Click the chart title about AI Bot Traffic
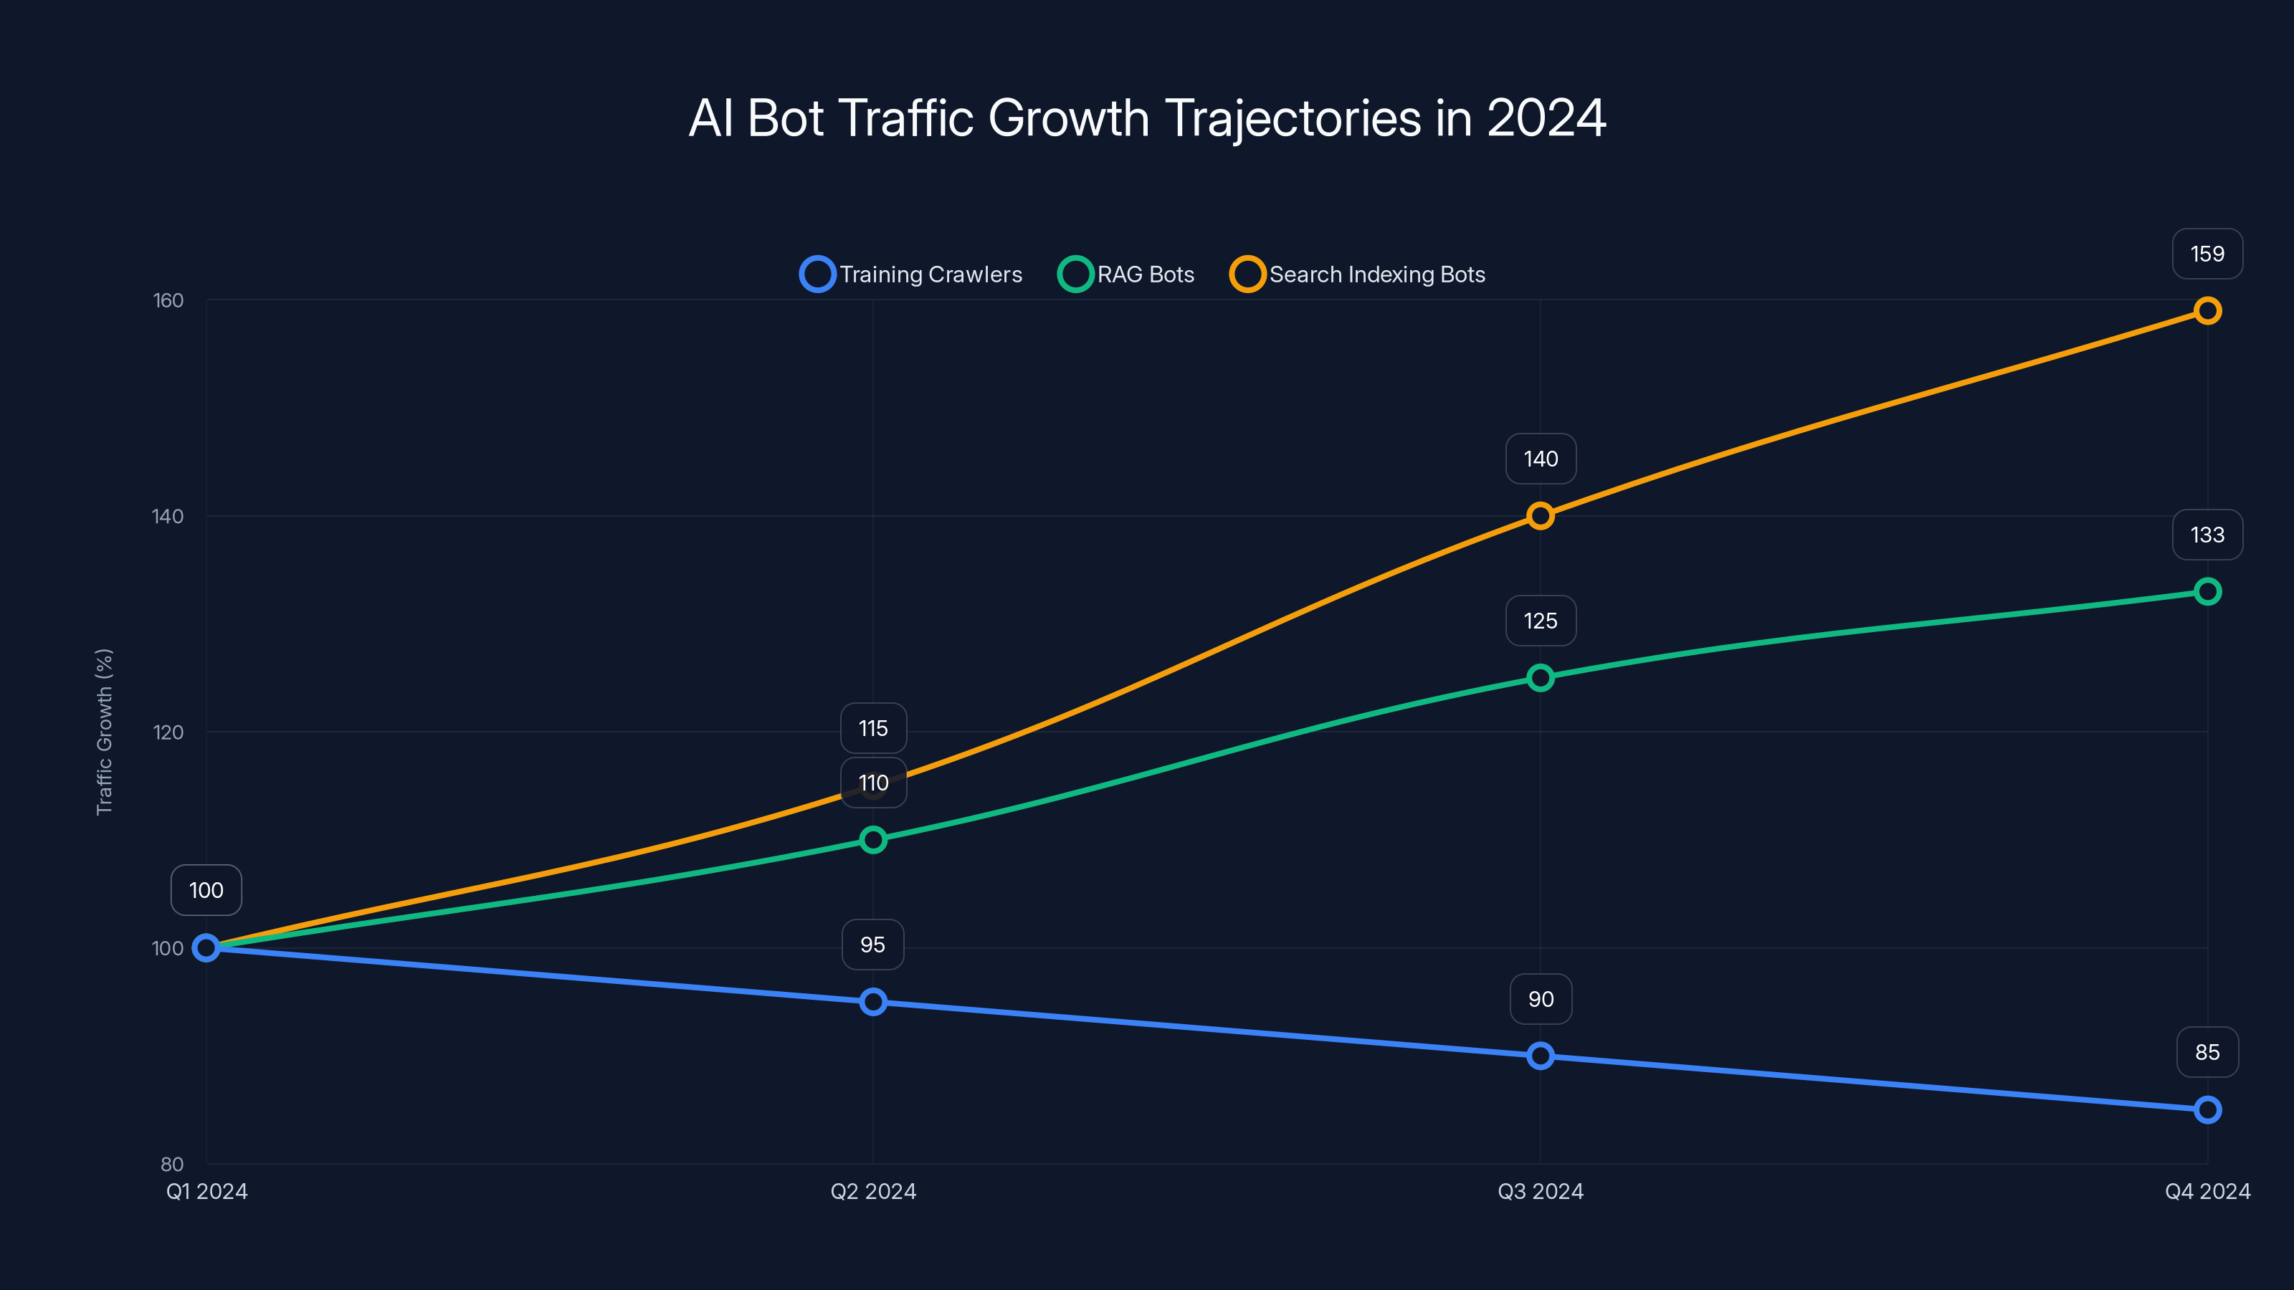1147,118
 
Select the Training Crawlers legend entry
911,274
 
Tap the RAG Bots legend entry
1126,274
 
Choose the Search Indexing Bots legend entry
1357,274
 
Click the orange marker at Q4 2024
2207,311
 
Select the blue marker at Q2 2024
872,1003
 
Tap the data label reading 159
2207,254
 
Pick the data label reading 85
2207,1052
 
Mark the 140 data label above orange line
1541,459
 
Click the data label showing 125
1541,621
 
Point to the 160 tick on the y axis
168,301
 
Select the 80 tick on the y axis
172,1165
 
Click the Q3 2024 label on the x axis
1541,1192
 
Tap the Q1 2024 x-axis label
206,1192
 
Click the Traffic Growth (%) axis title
104,732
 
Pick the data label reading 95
872,945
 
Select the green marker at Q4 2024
2207,592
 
